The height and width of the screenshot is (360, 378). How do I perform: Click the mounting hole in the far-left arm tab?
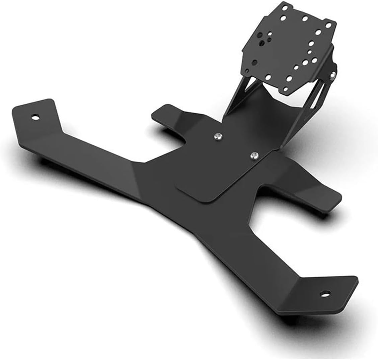point(34,117)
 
